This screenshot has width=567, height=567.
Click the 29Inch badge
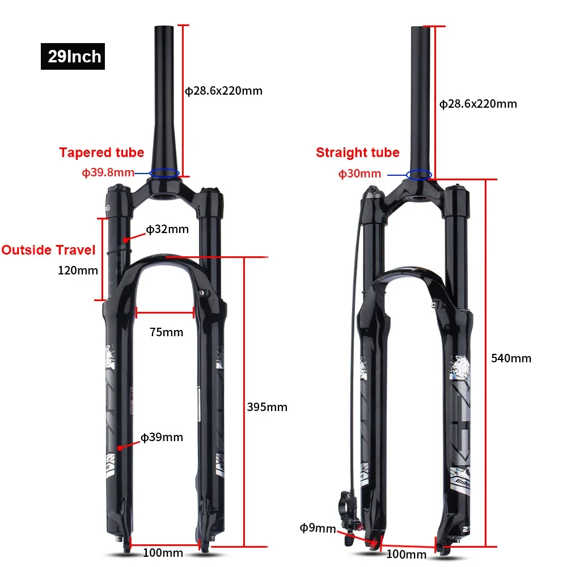(73, 56)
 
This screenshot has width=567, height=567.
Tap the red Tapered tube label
(101, 153)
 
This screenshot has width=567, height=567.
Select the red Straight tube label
(357, 153)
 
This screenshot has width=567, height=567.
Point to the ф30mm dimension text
(359, 174)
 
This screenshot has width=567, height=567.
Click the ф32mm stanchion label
(167, 229)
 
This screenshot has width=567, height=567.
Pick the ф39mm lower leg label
(162, 437)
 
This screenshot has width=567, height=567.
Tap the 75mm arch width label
(166, 332)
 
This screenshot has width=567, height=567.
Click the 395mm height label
(267, 407)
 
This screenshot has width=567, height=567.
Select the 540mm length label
(511, 358)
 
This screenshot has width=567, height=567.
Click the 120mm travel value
(78, 270)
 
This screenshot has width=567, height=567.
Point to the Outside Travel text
(48, 250)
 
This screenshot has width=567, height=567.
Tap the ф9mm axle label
(318, 528)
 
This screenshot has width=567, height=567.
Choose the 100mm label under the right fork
(405, 554)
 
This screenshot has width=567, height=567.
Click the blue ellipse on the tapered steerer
(164, 172)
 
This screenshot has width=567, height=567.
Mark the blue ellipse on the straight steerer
(418, 174)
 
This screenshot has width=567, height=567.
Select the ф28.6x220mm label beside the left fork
(224, 91)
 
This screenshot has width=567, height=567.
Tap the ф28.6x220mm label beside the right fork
(478, 104)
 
